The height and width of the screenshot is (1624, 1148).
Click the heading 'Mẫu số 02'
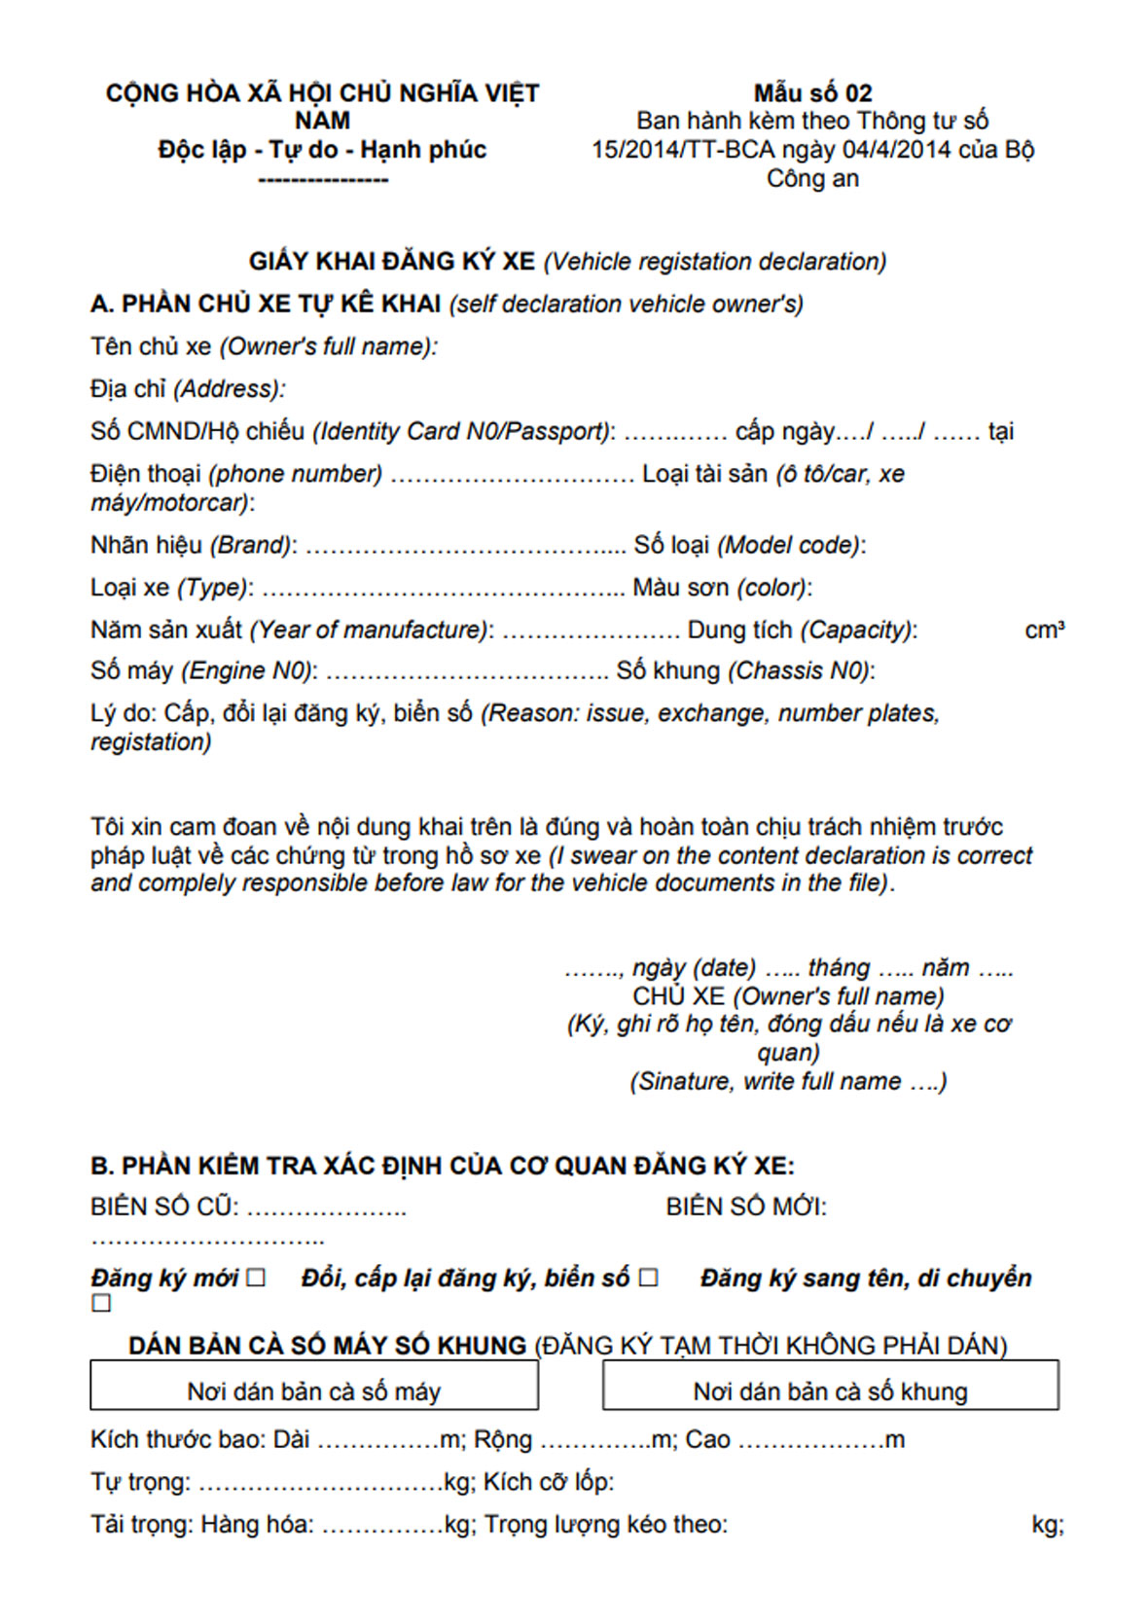pos(812,93)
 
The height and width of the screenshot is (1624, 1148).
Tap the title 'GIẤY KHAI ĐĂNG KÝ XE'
pos(391,261)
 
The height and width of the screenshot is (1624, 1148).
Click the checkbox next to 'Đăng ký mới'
pos(256,1278)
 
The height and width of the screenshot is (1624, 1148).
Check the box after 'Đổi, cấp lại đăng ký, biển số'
pos(649,1278)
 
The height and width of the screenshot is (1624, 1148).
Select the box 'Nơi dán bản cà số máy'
pos(313,1386)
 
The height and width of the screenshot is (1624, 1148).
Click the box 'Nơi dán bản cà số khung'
pos(830,1386)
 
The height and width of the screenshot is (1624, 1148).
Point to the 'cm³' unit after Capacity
pos(1044,631)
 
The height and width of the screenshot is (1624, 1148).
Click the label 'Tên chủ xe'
pos(151,346)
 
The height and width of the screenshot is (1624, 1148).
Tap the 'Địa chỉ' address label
pos(128,389)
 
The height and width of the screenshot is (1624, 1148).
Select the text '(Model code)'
pos(791,545)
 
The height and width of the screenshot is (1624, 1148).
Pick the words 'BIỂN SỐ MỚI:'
pos(746,1208)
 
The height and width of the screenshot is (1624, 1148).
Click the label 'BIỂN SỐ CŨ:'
pos(164,1208)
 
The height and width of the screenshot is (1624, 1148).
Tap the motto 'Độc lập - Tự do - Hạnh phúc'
pos(322,150)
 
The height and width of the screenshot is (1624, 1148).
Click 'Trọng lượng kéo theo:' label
pos(605,1524)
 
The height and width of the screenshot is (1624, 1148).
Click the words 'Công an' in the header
pos(812,179)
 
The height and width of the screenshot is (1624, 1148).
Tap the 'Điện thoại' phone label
pos(146,474)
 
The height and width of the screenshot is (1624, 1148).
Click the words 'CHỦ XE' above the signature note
pos(678,996)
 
